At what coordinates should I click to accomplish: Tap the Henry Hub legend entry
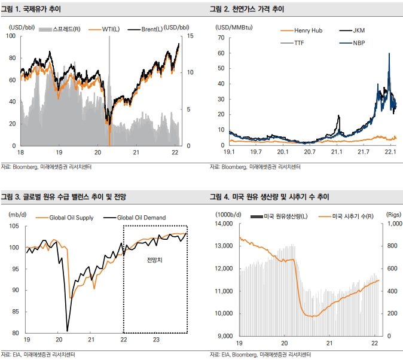pos(308,30)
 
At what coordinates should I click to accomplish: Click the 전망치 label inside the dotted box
pos(154,261)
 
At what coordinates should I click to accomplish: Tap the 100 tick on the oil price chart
pos(11,36)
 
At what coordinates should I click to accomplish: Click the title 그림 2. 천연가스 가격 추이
pos(246,10)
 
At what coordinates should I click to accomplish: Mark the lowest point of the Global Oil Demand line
pos(68,330)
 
